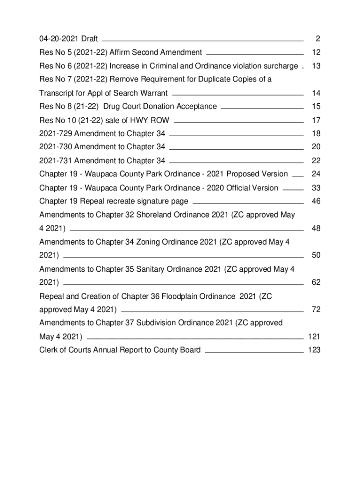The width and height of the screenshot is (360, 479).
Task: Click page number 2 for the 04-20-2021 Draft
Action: click(x=317, y=38)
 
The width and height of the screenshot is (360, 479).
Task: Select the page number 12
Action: click(x=316, y=52)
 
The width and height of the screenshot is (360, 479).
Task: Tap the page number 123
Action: click(x=314, y=350)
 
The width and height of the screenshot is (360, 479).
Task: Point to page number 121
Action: click(x=314, y=336)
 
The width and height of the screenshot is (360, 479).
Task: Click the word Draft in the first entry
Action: click(x=89, y=38)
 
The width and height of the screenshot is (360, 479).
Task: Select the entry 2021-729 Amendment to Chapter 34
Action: click(x=102, y=134)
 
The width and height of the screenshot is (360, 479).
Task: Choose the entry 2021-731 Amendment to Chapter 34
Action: click(x=102, y=161)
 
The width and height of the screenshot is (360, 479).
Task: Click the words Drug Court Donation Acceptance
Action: click(x=160, y=107)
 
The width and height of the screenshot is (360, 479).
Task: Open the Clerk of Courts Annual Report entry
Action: click(x=120, y=350)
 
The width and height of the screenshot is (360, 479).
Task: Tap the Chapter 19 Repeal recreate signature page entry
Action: click(x=114, y=202)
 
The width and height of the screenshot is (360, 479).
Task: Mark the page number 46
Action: click(x=316, y=202)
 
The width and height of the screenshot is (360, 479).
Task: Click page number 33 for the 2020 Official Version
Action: click(x=316, y=188)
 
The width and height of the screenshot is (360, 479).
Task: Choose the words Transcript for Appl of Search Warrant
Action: click(x=103, y=93)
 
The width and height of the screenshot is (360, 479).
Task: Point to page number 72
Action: click(x=316, y=310)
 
